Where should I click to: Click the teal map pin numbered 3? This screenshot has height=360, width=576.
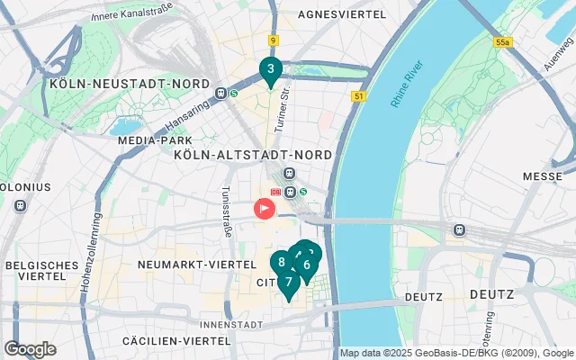coord(270,69)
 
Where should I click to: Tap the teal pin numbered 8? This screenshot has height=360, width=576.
coord(282,263)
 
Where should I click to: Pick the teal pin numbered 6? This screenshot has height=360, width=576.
coord(307,265)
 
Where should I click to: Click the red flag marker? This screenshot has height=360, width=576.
coord(265,209)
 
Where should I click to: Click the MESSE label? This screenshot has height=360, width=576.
coord(542,176)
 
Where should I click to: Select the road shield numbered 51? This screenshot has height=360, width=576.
coord(359,96)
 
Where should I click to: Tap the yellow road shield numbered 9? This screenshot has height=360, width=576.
coord(272,40)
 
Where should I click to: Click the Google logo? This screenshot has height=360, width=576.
coord(30,349)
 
